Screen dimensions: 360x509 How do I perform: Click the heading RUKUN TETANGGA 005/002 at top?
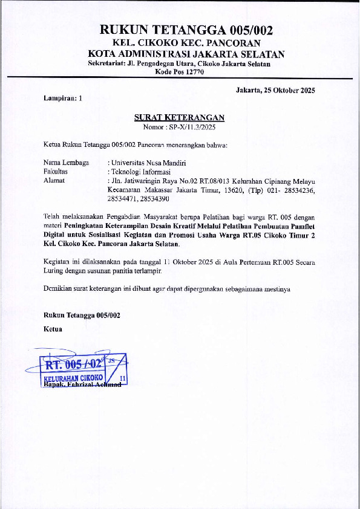point(186,30)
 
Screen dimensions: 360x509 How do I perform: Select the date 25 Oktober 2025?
point(287,90)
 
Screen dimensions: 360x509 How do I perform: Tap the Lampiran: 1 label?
point(63,98)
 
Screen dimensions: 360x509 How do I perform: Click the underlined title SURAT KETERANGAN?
point(179,118)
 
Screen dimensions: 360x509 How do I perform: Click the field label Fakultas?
point(56,171)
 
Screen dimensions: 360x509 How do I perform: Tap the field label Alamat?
point(54,180)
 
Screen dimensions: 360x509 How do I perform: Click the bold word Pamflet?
point(302,225)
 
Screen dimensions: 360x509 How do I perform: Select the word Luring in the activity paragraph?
point(54,271)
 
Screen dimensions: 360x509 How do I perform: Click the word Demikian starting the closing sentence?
point(59,289)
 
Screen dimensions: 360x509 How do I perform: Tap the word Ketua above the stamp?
point(53,329)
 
